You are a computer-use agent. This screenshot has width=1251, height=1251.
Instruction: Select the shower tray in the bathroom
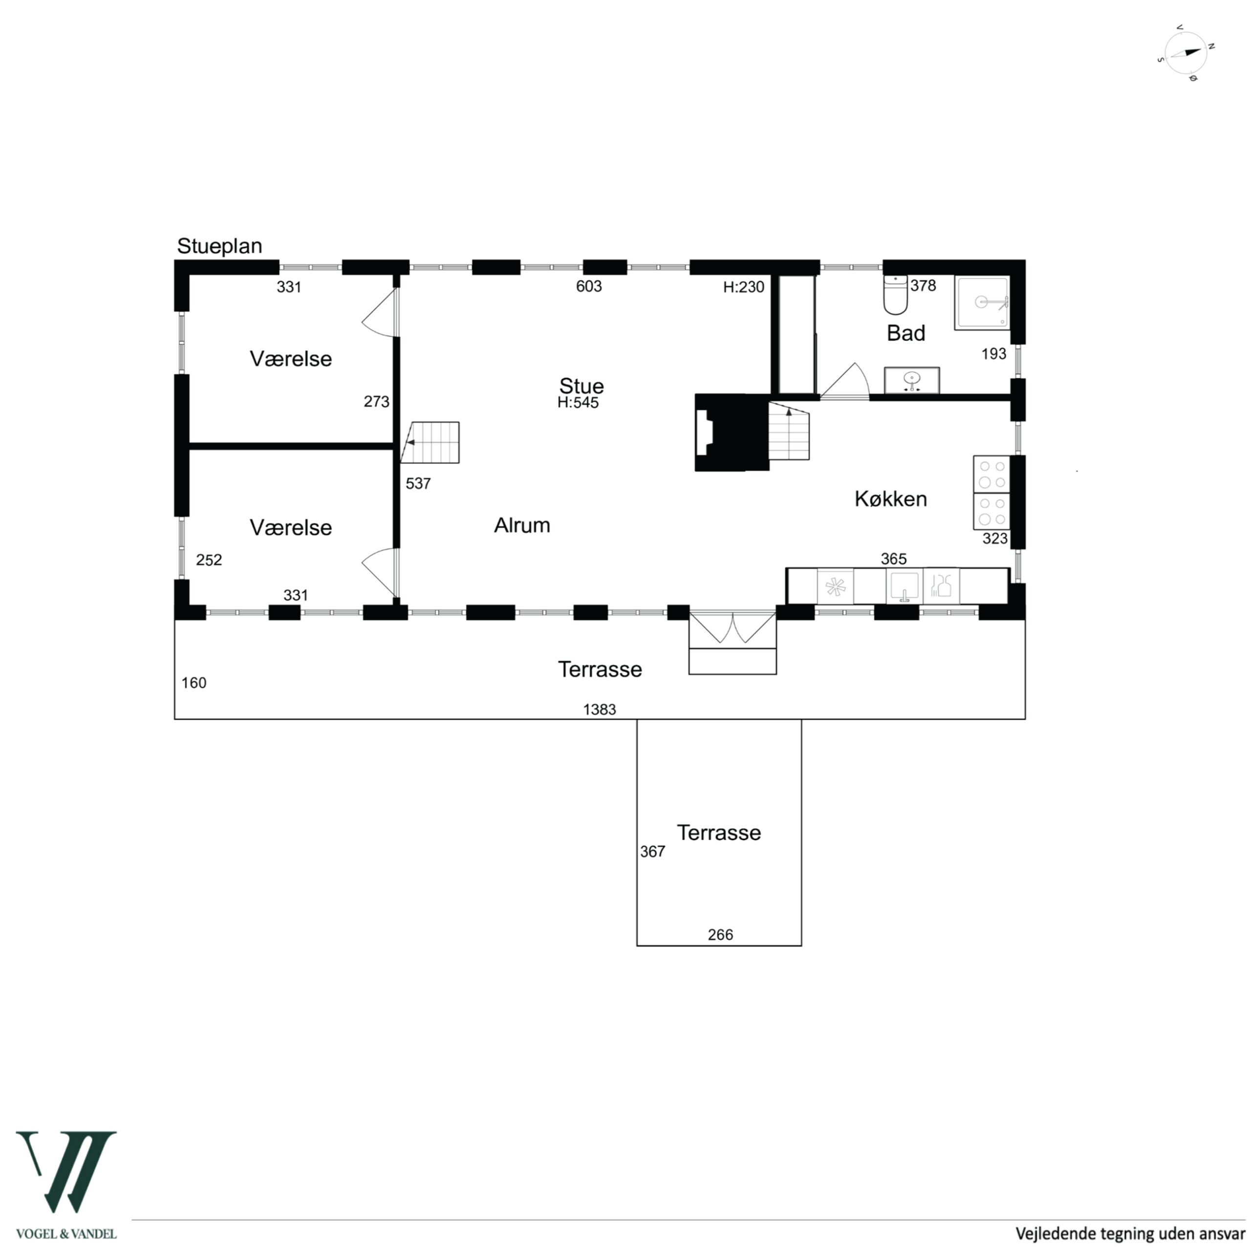tap(982, 303)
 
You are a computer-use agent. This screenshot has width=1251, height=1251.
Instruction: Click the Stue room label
tap(582, 386)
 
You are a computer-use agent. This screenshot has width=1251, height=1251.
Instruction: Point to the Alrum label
tap(522, 525)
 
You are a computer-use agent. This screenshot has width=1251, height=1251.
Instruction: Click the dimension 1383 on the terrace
tap(600, 710)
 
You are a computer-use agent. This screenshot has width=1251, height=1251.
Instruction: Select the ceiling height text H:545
tap(578, 403)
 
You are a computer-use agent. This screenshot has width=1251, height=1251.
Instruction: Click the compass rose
tap(1186, 54)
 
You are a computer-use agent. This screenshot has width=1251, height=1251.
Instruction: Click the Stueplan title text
tap(219, 246)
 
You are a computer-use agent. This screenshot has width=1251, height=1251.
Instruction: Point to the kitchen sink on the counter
tap(904, 586)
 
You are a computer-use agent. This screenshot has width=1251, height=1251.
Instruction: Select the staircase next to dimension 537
tap(430, 442)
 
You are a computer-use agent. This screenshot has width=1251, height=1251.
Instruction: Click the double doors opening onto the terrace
tap(733, 627)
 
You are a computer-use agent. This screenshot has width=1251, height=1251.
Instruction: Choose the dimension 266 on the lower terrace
tap(720, 935)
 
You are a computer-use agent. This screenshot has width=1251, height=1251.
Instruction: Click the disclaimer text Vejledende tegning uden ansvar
tap(1130, 1233)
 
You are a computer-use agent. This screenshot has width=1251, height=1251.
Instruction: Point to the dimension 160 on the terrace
tap(194, 683)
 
